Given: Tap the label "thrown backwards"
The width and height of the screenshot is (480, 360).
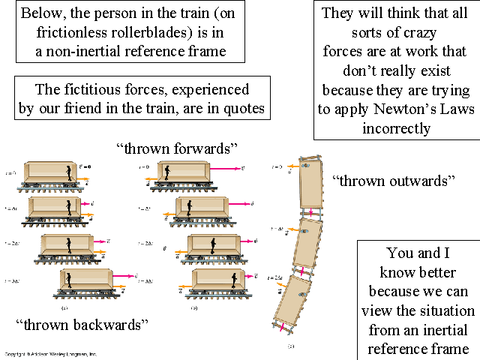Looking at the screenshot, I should click(x=81, y=325).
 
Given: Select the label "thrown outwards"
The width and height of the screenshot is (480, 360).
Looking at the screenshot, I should click(x=394, y=180).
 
